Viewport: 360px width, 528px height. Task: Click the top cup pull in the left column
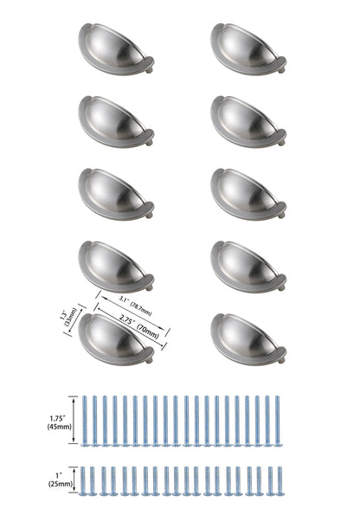pos(116,42)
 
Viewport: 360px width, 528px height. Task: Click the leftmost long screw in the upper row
pos(87,422)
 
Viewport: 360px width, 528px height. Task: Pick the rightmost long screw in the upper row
pos(278,422)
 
